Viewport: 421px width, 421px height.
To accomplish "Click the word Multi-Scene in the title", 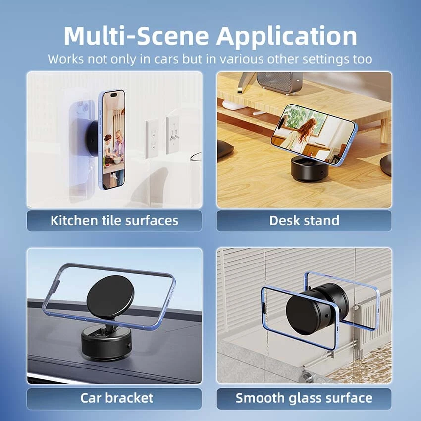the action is click(136, 36).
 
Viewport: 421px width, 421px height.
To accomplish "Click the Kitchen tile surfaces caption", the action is click(114, 221).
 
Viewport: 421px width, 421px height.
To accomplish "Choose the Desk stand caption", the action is click(304, 221).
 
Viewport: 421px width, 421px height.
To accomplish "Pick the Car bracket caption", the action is click(116, 398).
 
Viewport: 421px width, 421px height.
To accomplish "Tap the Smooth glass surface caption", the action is click(304, 398).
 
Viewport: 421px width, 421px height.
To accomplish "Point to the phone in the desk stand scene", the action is click(314, 134).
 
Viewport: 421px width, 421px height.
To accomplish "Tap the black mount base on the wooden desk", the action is click(309, 168).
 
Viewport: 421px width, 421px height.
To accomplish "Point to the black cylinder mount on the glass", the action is click(317, 309).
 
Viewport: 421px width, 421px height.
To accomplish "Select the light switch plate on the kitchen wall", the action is click(173, 135).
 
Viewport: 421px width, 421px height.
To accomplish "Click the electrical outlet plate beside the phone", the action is click(152, 139).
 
